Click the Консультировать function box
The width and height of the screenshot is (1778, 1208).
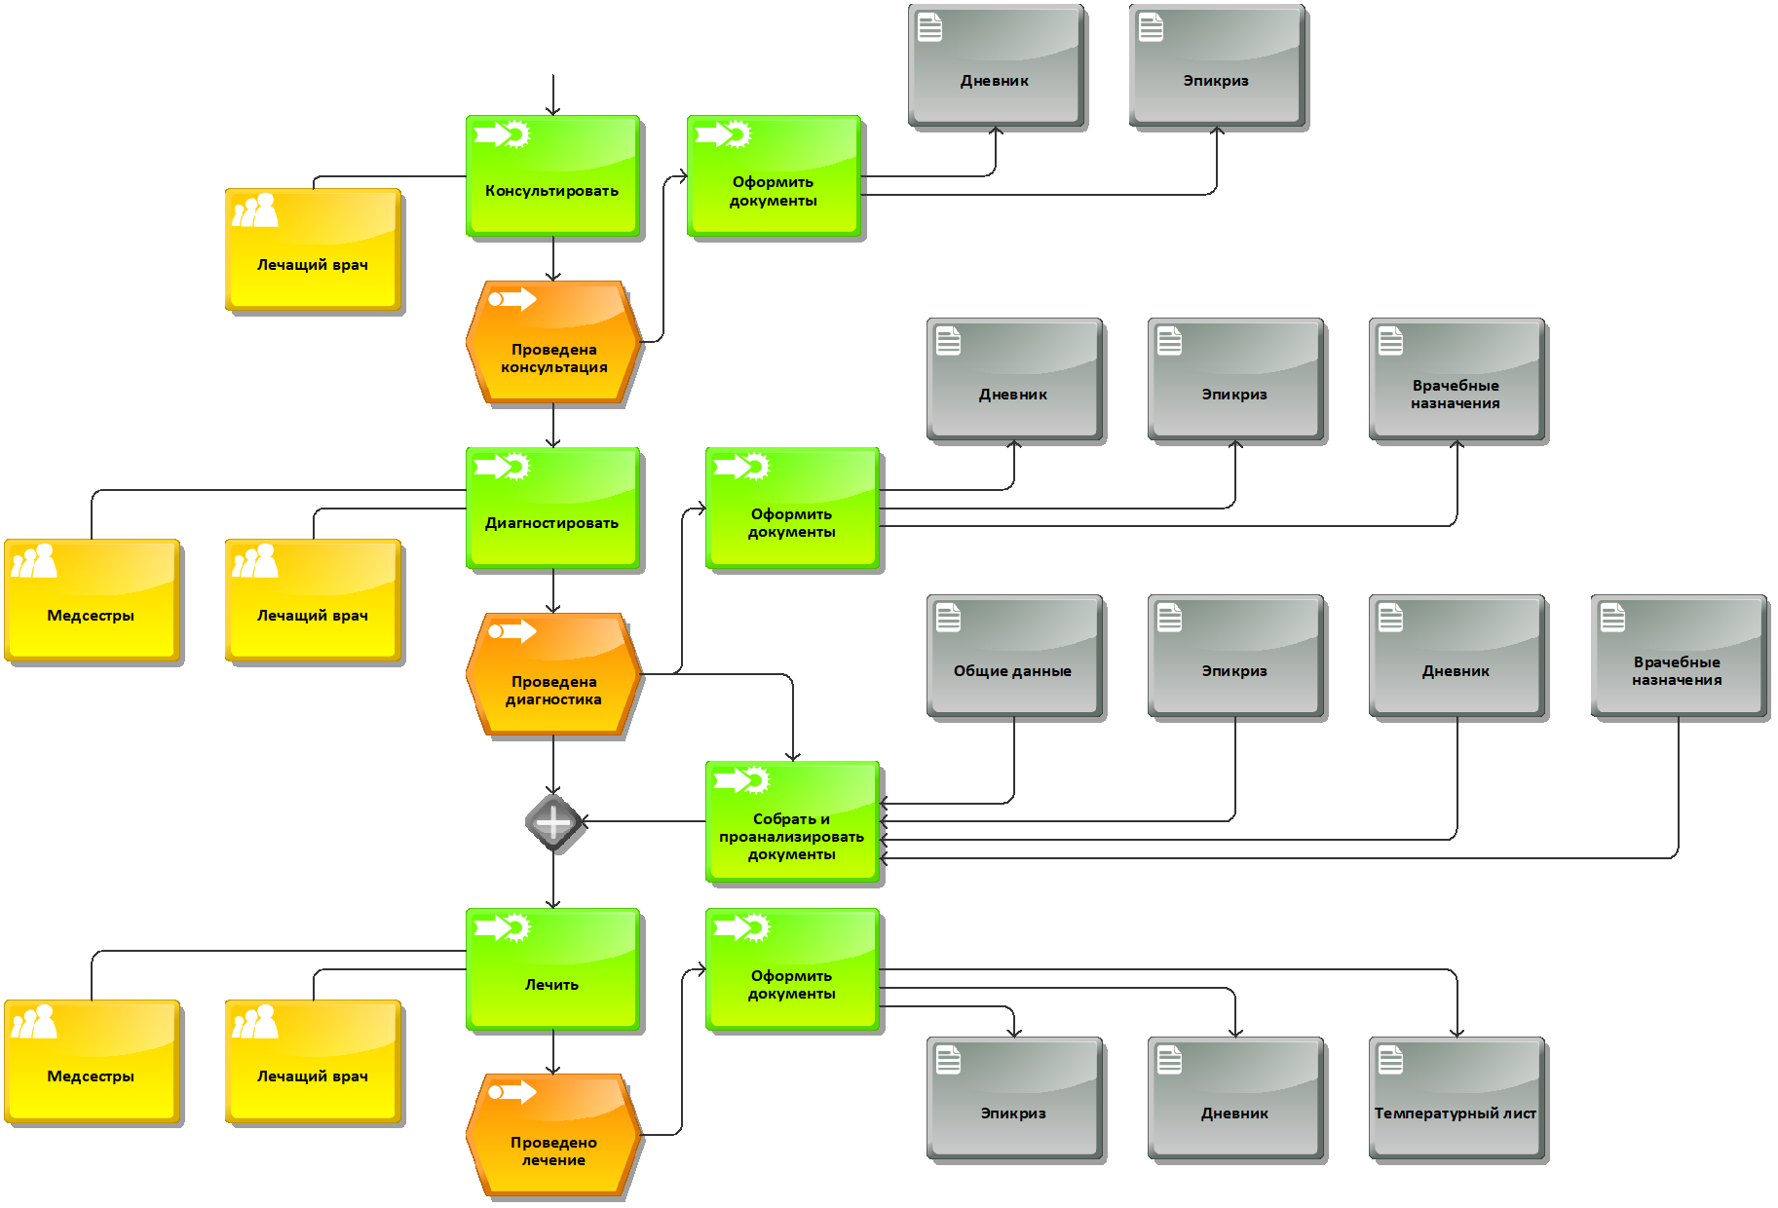553,177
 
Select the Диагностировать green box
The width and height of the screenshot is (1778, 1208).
553,510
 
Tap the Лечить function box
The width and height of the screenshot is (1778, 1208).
553,970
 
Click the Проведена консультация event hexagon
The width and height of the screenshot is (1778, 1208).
553,343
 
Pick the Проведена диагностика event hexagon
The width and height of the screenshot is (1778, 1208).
553,675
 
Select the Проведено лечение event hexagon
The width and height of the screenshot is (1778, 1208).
553,1136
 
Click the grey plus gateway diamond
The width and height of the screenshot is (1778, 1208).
553,823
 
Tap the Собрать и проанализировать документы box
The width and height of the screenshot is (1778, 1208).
793,823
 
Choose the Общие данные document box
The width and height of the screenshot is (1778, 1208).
1014,658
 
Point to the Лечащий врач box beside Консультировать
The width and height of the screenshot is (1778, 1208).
314,250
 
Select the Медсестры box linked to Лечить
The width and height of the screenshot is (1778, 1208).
93,1062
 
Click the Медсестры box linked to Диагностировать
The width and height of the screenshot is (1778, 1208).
93,601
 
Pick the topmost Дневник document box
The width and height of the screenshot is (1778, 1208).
996,67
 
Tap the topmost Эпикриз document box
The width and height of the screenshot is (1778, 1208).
1217,67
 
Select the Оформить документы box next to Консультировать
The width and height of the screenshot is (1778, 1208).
775,177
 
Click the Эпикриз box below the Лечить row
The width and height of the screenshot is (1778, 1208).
1014,1100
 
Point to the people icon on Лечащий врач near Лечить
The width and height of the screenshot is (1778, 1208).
255,1022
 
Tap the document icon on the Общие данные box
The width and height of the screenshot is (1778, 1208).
948,618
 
